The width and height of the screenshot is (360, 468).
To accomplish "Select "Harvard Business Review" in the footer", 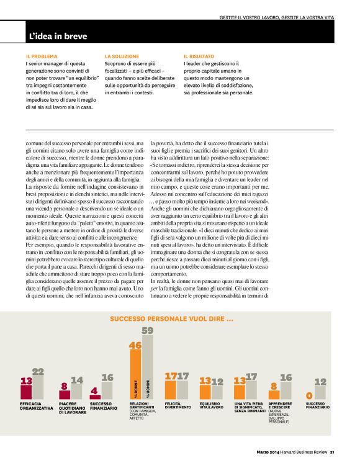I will [x=303, y=452].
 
